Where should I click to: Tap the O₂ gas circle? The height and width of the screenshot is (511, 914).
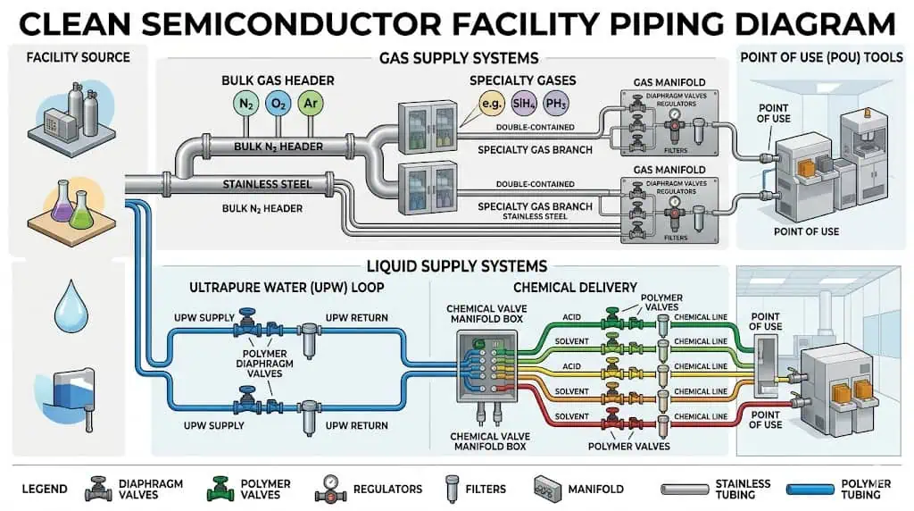[278, 105]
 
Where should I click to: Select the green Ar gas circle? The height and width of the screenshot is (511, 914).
[311, 105]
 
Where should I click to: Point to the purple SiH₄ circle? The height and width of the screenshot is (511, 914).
[523, 105]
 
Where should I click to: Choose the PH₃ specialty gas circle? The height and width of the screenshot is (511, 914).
[555, 105]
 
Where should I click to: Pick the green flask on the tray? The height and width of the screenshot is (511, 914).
[81, 211]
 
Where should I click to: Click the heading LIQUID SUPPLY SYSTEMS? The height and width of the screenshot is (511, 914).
[457, 265]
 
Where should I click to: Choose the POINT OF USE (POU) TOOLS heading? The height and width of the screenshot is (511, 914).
[820, 58]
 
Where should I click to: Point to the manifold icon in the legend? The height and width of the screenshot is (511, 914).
[548, 489]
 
